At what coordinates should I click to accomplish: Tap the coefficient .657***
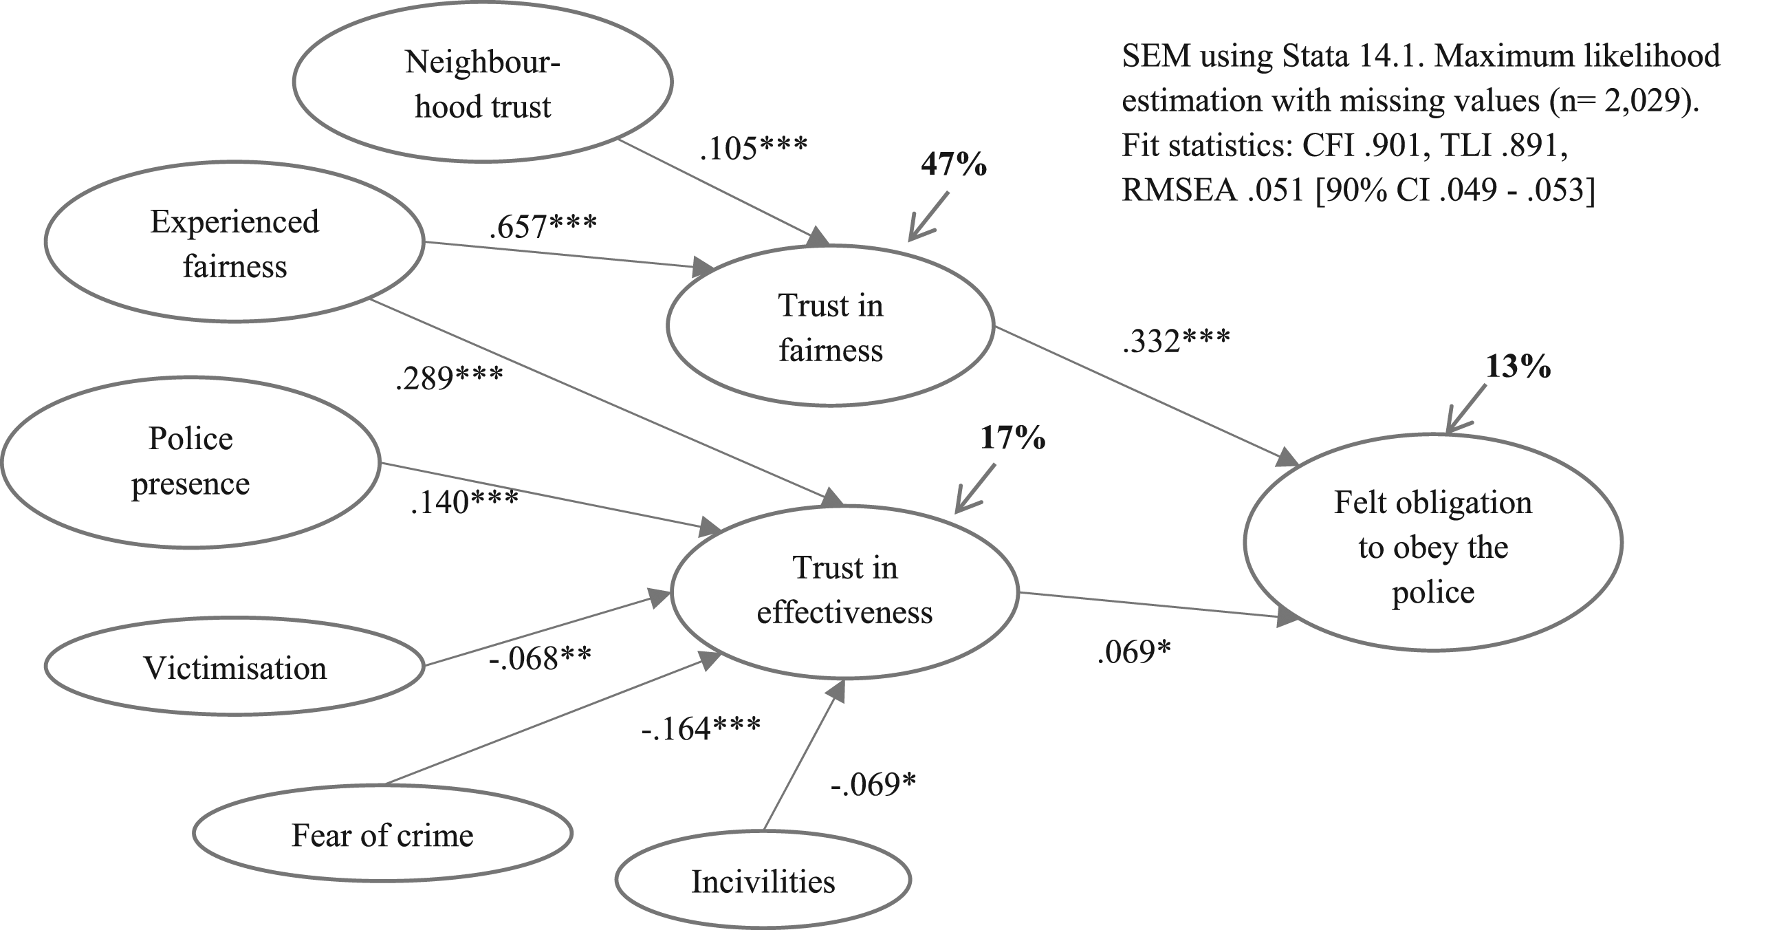click(x=543, y=226)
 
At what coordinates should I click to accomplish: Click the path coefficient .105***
click(x=754, y=148)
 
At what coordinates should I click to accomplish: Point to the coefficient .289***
click(x=449, y=378)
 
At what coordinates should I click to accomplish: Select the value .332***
click(x=1177, y=340)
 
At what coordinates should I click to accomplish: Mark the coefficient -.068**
click(x=540, y=658)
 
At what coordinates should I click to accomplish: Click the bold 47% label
click(x=954, y=164)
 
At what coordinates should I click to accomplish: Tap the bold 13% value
click(x=1518, y=367)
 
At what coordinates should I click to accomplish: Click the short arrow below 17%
click(x=975, y=488)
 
